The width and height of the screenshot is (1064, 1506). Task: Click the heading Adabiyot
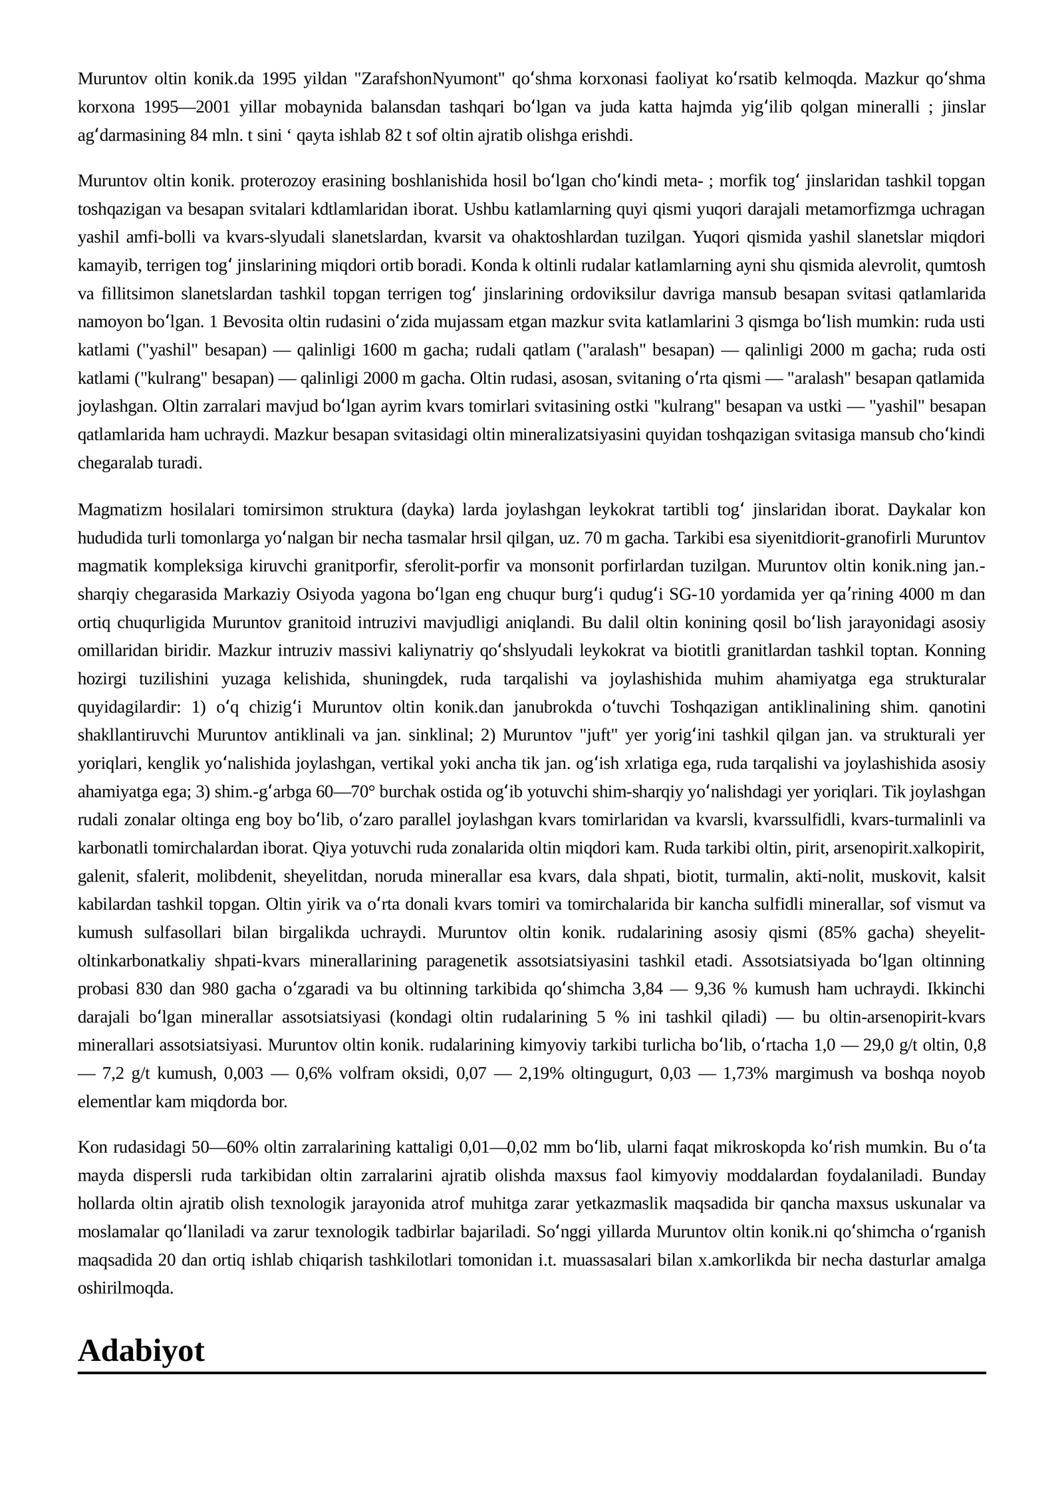tap(141, 1351)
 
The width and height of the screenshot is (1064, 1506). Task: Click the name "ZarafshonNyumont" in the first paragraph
tap(432, 79)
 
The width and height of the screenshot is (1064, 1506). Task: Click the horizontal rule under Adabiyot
tap(532, 1372)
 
